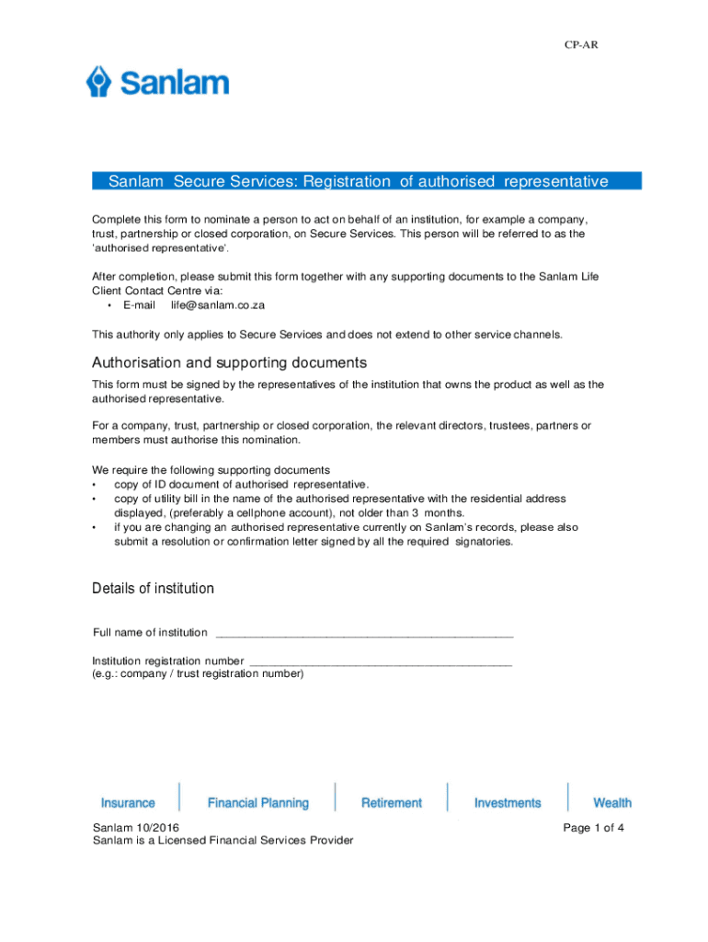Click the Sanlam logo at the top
(157, 83)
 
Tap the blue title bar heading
(358, 181)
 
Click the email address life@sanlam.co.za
(218, 304)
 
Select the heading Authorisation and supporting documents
(229, 362)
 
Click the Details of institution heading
(153, 588)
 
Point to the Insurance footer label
(128, 803)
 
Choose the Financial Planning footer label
(258, 803)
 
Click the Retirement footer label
(392, 803)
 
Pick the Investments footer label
(508, 803)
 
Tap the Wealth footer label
(612, 803)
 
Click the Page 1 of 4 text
(594, 828)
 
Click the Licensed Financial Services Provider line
(223, 841)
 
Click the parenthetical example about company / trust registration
(198, 673)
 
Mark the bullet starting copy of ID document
(241, 484)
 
